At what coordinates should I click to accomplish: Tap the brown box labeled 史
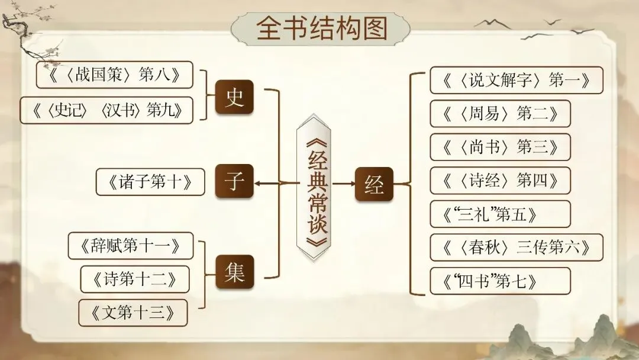tap(234, 97)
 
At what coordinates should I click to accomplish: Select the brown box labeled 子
tap(234, 182)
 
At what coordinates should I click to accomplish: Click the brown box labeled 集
tap(234, 272)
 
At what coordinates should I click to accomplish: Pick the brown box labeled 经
tap(374, 184)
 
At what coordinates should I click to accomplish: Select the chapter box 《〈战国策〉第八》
tap(114, 75)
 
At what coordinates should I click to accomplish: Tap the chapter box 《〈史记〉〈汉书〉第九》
tap(106, 110)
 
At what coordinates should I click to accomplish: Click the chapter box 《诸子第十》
tap(150, 182)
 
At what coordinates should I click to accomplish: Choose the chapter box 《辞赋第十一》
tap(131, 245)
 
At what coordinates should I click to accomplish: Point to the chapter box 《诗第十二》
tap(134, 279)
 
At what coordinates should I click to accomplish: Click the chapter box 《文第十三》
tap(133, 313)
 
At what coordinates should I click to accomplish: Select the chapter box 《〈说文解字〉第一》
tap(516, 80)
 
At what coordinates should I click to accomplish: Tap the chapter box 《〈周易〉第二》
tap(500, 113)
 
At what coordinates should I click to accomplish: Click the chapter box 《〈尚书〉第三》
tap(500, 147)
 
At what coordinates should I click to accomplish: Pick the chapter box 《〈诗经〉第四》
tap(500, 180)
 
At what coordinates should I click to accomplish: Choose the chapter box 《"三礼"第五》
tap(500, 214)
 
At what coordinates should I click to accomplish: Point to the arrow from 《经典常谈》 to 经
tap(343, 184)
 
